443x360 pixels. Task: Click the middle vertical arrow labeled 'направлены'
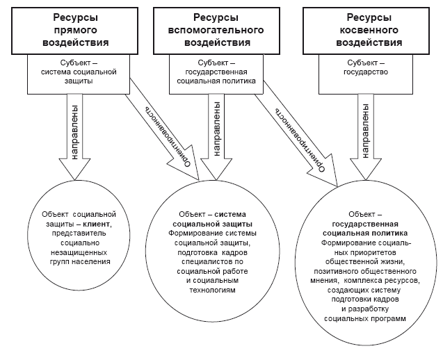[x=218, y=132]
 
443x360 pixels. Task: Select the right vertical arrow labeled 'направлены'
[x=362, y=132]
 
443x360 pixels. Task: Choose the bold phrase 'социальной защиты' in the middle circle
[x=213, y=224]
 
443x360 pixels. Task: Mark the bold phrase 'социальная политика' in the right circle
[x=363, y=234]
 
